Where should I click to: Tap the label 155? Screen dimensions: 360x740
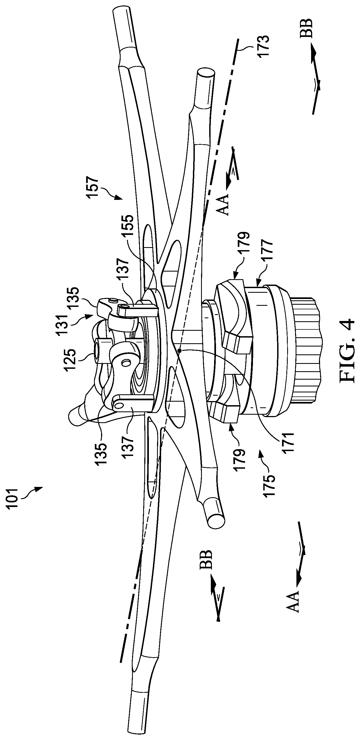(129, 226)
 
